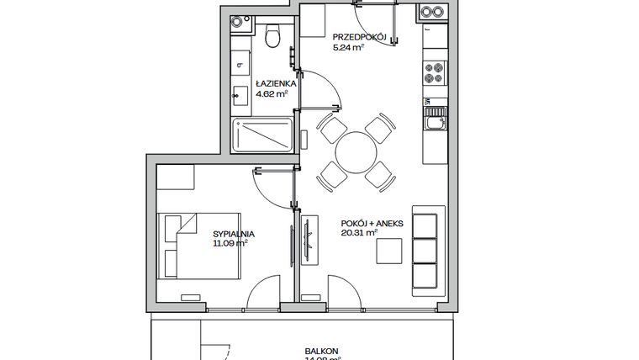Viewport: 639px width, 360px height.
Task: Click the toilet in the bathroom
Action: tap(272, 36)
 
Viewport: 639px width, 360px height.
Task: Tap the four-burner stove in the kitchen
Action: tap(436, 74)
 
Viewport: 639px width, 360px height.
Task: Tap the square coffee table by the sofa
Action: tap(388, 251)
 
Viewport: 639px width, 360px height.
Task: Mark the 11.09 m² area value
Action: tap(229, 245)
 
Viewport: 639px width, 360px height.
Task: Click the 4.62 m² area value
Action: tap(271, 94)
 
